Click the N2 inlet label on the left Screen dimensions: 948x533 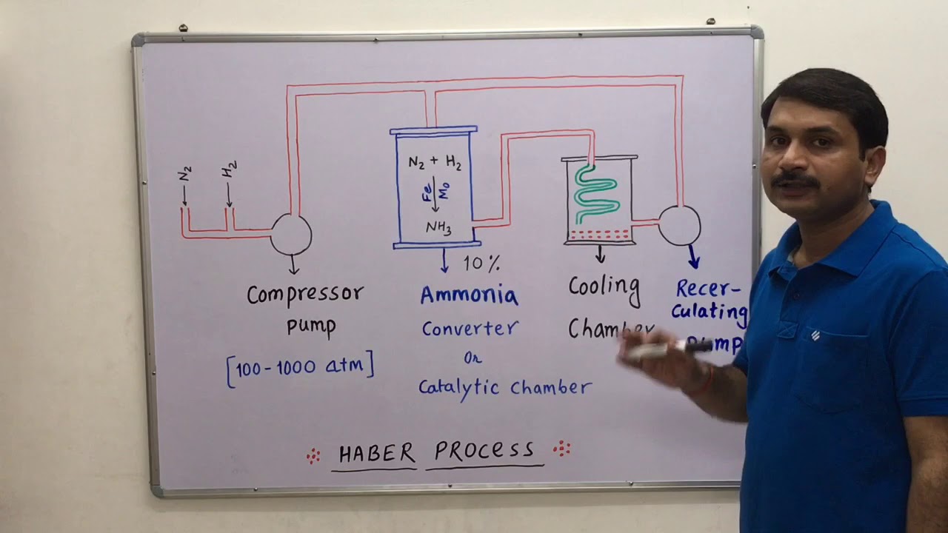click(185, 174)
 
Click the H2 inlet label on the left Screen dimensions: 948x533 click(230, 170)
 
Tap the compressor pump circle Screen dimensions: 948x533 click(291, 234)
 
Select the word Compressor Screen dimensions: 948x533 click(305, 295)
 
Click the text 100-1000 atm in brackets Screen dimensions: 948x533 click(300, 367)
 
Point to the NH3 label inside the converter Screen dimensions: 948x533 click(438, 227)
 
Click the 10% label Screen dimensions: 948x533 click(482, 263)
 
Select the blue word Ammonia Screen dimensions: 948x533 click(469, 295)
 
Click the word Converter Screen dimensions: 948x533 click(470, 328)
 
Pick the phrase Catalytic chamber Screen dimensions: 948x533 click(504, 387)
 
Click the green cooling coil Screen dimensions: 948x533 click(596, 195)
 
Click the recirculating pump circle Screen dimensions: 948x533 click(679, 226)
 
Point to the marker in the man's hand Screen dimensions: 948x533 click(667, 349)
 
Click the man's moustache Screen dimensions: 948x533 click(794, 181)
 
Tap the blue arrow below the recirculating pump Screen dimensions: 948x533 click(694, 257)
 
